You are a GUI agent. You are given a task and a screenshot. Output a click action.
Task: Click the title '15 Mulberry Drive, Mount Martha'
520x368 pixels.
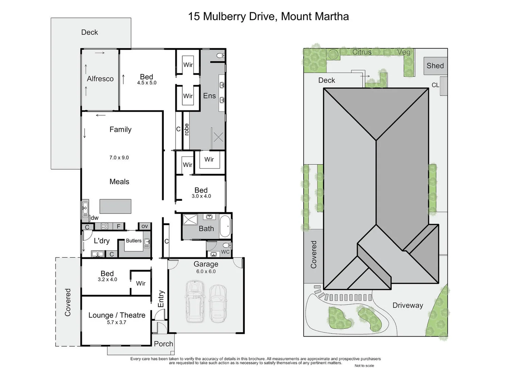tap(268, 16)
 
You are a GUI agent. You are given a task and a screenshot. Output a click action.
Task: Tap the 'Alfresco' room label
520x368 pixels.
tap(100, 79)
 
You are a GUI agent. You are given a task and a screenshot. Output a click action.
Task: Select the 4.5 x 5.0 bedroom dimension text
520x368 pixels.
tap(147, 83)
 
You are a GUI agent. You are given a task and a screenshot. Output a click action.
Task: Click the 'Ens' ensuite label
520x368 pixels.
tap(209, 96)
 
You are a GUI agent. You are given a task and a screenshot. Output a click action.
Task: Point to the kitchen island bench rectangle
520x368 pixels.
tap(115, 206)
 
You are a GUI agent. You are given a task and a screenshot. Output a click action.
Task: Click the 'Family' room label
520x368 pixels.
tap(120, 129)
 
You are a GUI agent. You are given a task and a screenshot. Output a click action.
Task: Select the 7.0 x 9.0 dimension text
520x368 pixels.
tap(119, 158)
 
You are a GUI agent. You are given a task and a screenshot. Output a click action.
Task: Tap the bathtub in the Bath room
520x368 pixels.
tap(225, 226)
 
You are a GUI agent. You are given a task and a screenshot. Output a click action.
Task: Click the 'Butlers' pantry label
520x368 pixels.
tap(133, 241)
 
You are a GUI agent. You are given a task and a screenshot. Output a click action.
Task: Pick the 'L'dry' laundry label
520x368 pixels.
tap(101, 241)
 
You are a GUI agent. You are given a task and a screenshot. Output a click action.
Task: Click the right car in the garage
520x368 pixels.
tap(218, 303)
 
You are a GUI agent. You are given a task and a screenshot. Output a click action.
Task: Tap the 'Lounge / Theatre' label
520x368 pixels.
tap(117, 315)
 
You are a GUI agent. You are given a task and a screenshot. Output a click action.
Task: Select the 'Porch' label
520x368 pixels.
tap(163, 344)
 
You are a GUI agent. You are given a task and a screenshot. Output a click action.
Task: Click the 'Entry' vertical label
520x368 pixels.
tap(161, 298)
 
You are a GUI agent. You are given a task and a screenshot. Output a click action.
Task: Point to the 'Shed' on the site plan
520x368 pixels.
tap(435, 66)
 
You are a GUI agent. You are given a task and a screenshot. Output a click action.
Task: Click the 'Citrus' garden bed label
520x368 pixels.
tap(362, 52)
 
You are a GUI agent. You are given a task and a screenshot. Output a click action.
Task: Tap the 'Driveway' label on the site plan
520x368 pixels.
tap(408, 305)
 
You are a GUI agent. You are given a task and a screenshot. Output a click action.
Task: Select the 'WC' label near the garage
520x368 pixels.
tap(225, 252)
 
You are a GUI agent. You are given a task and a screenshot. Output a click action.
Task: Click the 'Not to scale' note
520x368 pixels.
tap(364, 366)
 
